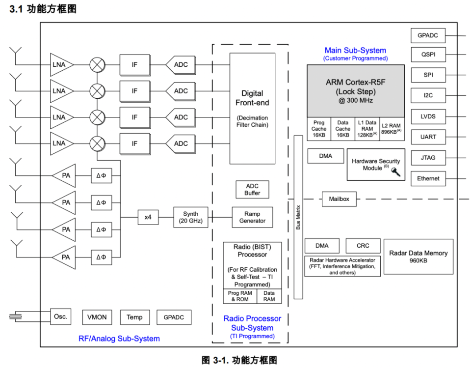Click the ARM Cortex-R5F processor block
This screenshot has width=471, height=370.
click(x=356, y=91)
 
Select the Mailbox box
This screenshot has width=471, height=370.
click(x=339, y=199)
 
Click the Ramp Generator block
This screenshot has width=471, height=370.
click(x=252, y=217)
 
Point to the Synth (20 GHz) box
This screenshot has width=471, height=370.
click(x=191, y=217)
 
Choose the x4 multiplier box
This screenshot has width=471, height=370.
click(x=148, y=217)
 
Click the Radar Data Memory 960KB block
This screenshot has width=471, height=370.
click(x=418, y=256)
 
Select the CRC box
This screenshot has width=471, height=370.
click(x=363, y=246)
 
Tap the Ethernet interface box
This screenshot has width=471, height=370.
click(x=428, y=178)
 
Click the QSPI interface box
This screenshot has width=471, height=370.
click(x=428, y=55)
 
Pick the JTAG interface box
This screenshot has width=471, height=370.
click(x=428, y=158)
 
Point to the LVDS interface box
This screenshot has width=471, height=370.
click(x=428, y=116)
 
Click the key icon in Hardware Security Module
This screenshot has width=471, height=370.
click(x=395, y=171)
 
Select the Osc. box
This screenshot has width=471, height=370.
click(x=60, y=317)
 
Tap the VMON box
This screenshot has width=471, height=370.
click(x=97, y=317)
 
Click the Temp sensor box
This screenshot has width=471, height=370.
click(x=134, y=317)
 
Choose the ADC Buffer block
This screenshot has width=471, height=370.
click(x=252, y=189)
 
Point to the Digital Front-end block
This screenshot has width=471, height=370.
click(x=252, y=108)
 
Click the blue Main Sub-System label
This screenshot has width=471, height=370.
click(x=355, y=50)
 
